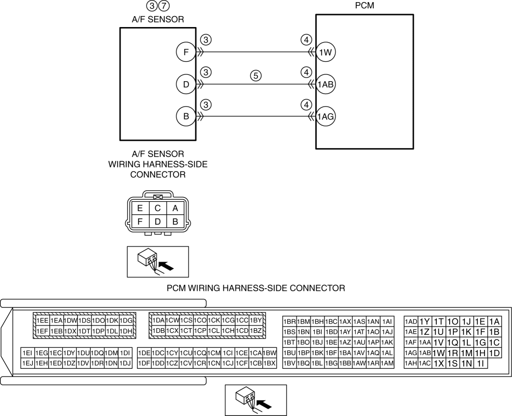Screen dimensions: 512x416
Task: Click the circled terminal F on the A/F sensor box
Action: pyautogui.click(x=186, y=52)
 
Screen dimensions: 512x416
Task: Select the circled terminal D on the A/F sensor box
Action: pyautogui.click(x=186, y=84)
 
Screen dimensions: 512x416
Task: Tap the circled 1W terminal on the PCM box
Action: pyautogui.click(x=326, y=52)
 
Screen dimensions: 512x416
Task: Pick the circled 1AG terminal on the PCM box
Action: pyautogui.click(x=326, y=116)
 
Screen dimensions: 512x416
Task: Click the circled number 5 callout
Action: pyautogui.click(x=255, y=76)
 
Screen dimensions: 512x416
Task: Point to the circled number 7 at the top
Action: pyautogui.click(x=164, y=6)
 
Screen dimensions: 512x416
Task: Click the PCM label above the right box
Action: pyautogui.click(x=365, y=6)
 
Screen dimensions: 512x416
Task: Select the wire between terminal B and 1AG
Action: pyautogui.click(x=255, y=116)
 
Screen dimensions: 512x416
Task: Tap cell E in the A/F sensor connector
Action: pyautogui.click(x=140, y=209)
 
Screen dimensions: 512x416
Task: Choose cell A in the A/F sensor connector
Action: pyautogui.click(x=175, y=209)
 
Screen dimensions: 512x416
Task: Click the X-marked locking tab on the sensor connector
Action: pyautogui.click(x=158, y=198)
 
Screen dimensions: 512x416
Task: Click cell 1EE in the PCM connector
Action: pyautogui.click(x=43, y=320)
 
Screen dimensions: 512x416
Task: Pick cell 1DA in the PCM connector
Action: pyautogui.click(x=159, y=320)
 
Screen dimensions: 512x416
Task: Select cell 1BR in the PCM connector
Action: pyautogui.click(x=290, y=322)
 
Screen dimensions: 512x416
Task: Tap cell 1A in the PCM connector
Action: pyautogui.click(x=494, y=322)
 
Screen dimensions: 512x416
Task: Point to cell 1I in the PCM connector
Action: pyautogui.click(x=480, y=363)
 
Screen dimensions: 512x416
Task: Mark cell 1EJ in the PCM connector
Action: pyautogui.click(x=28, y=363)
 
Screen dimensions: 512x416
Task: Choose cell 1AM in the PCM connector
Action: pyautogui.click(x=387, y=363)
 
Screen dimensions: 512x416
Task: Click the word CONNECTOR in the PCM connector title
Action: pyautogui.click(x=317, y=288)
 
